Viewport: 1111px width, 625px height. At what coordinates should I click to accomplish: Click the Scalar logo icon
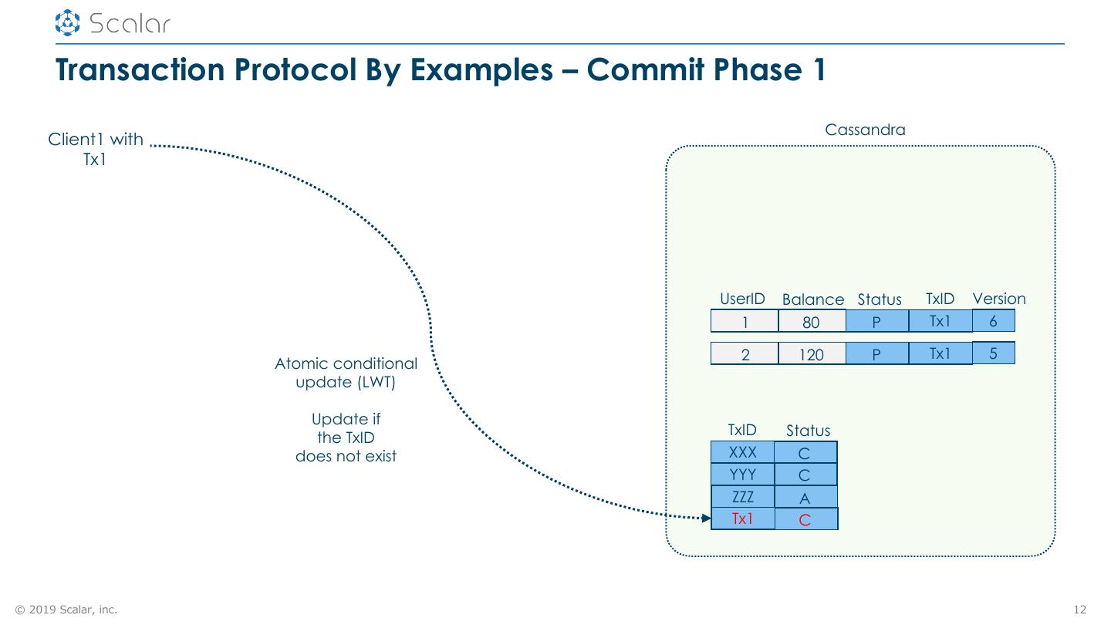(x=68, y=22)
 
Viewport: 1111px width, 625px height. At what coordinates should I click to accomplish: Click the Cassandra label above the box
(x=865, y=130)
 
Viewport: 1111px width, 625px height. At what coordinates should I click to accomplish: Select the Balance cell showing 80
(x=812, y=322)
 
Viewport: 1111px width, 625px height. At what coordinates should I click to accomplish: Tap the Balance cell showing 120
(x=812, y=354)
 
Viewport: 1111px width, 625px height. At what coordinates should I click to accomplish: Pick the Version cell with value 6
(x=993, y=320)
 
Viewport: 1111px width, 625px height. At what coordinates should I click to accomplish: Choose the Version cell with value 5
(x=993, y=353)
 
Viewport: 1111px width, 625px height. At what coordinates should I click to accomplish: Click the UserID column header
(x=742, y=299)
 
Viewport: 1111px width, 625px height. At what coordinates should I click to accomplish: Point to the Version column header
(x=999, y=299)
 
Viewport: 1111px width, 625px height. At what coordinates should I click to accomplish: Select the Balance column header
(x=813, y=299)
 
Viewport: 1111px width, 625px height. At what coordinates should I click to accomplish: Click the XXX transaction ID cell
(x=742, y=452)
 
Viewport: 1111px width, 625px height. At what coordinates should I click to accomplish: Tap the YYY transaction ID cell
(x=742, y=475)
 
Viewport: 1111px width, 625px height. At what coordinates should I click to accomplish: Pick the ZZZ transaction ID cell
(x=742, y=497)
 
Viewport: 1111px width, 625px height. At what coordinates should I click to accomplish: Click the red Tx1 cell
(x=742, y=519)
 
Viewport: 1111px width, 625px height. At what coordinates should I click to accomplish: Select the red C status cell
(x=805, y=519)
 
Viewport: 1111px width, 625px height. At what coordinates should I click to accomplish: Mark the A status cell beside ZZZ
(x=805, y=498)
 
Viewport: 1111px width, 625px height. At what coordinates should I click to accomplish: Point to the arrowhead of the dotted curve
(x=706, y=519)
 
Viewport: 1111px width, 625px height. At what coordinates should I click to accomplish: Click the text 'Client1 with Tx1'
(x=96, y=149)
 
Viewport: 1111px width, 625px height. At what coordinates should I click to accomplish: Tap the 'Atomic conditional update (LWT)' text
(x=346, y=373)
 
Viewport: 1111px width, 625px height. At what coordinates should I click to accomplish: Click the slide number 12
(x=1079, y=610)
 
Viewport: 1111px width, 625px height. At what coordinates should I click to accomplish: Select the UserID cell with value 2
(x=745, y=354)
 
